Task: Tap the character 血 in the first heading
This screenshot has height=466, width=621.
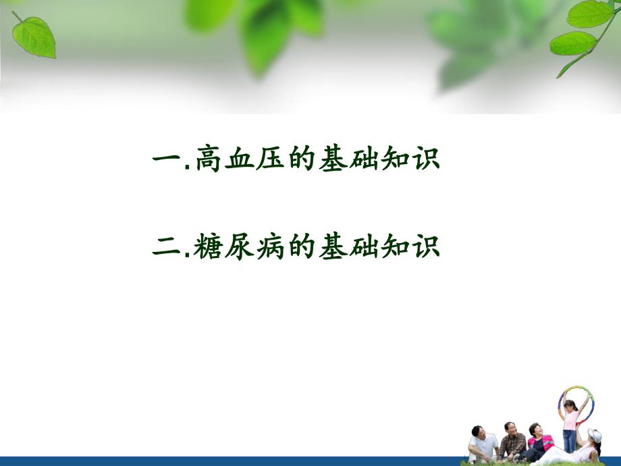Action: click(239, 161)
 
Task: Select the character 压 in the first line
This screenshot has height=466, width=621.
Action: click(270, 161)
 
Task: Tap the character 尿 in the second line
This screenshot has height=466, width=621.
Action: click(239, 246)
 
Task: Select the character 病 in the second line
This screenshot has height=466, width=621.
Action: click(270, 246)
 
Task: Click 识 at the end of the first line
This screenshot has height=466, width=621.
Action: click(425, 161)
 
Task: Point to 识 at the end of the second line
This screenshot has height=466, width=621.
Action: click(425, 246)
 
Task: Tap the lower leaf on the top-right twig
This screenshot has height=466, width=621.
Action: click(572, 43)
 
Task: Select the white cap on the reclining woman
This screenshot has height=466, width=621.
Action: click(595, 435)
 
